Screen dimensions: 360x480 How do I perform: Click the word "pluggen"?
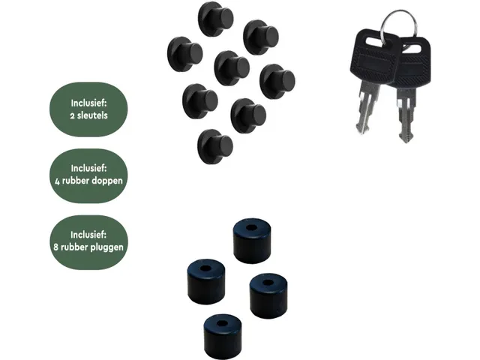coord(108,246)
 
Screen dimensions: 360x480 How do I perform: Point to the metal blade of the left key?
coord(366,109)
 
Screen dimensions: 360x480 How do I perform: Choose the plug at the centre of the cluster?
coord(231,67)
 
